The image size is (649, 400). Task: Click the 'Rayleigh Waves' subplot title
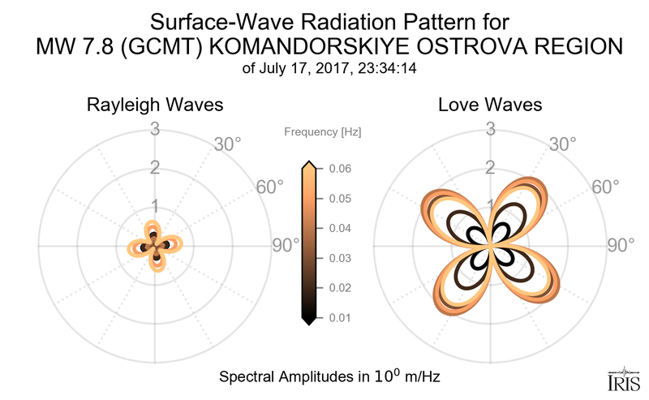[x=155, y=105]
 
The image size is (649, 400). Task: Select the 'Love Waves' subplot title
[x=490, y=105]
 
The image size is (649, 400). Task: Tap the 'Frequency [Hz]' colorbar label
[x=323, y=131]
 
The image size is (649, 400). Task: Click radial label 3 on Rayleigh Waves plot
[x=154, y=128]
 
